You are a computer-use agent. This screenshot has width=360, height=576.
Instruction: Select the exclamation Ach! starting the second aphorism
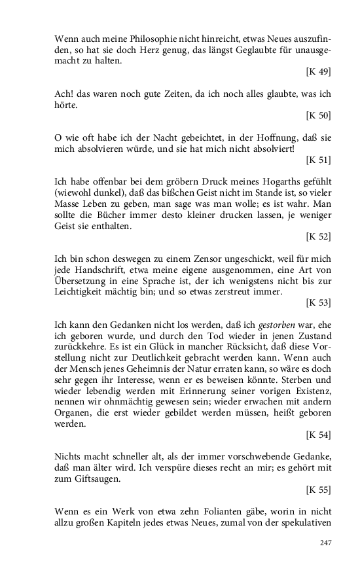click(65, 94)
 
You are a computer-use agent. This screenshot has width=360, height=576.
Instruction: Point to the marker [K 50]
click(318, 115)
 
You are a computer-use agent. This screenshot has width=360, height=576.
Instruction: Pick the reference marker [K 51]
click(318, 159)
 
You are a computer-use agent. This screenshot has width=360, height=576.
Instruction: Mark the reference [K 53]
click(318, 303)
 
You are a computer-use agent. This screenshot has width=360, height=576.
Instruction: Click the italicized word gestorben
click(241, 326)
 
